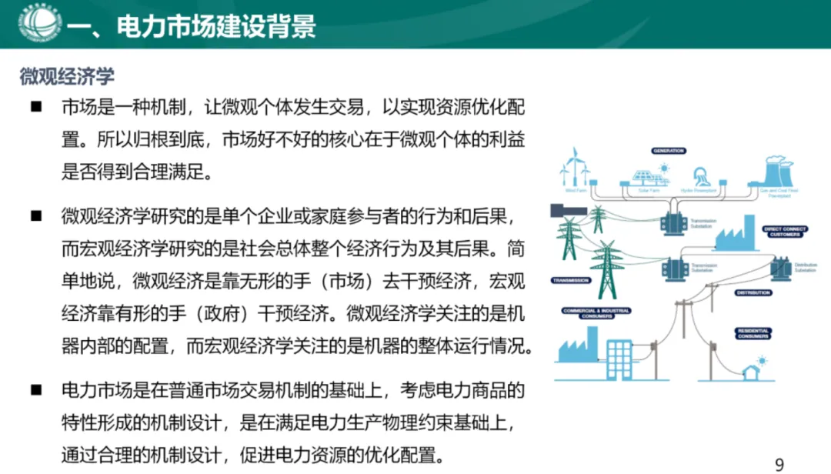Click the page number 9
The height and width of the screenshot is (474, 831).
[x=779, y=463]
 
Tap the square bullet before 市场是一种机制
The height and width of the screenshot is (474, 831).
[x=35, y=107]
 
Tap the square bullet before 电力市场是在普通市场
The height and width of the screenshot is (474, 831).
[x=35, y=389]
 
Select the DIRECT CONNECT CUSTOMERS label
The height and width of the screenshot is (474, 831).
[x=784, y=231]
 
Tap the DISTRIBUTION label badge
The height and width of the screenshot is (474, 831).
[x=753, y=293]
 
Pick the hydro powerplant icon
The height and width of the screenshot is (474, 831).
[x=701, y=175]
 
